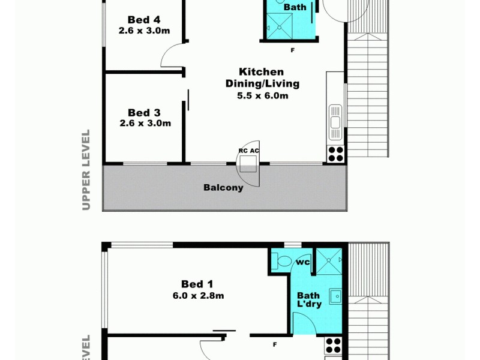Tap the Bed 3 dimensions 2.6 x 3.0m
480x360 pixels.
(146, 124)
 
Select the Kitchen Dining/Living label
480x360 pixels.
(262, 77)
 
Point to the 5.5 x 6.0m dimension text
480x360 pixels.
(262, 95)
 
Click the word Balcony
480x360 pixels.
(223, 187)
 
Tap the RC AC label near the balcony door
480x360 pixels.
(248, 151)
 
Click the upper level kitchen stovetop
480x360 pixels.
(335, 154)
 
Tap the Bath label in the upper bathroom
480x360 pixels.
(295, 7)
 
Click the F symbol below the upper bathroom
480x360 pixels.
(292, 50)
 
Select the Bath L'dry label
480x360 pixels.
(310, 299)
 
